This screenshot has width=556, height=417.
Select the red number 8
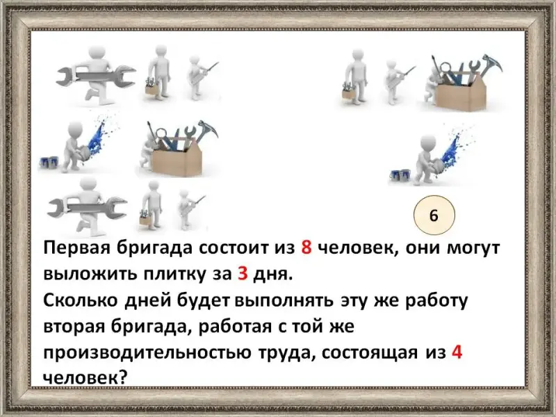click(x=306, y=247)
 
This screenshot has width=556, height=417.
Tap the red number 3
click(x=243, y=274)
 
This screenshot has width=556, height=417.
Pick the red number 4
click(x=457, y=352)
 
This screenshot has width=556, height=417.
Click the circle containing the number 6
click(x=434, y=215)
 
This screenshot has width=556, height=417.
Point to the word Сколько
click(x=81, y=300)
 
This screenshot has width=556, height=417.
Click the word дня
click(x=272, y=275)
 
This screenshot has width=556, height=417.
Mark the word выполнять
click(x=284, y=301)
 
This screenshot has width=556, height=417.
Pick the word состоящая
click(x=370, y=353)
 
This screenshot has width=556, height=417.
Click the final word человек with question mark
click(x=85, y=378)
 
